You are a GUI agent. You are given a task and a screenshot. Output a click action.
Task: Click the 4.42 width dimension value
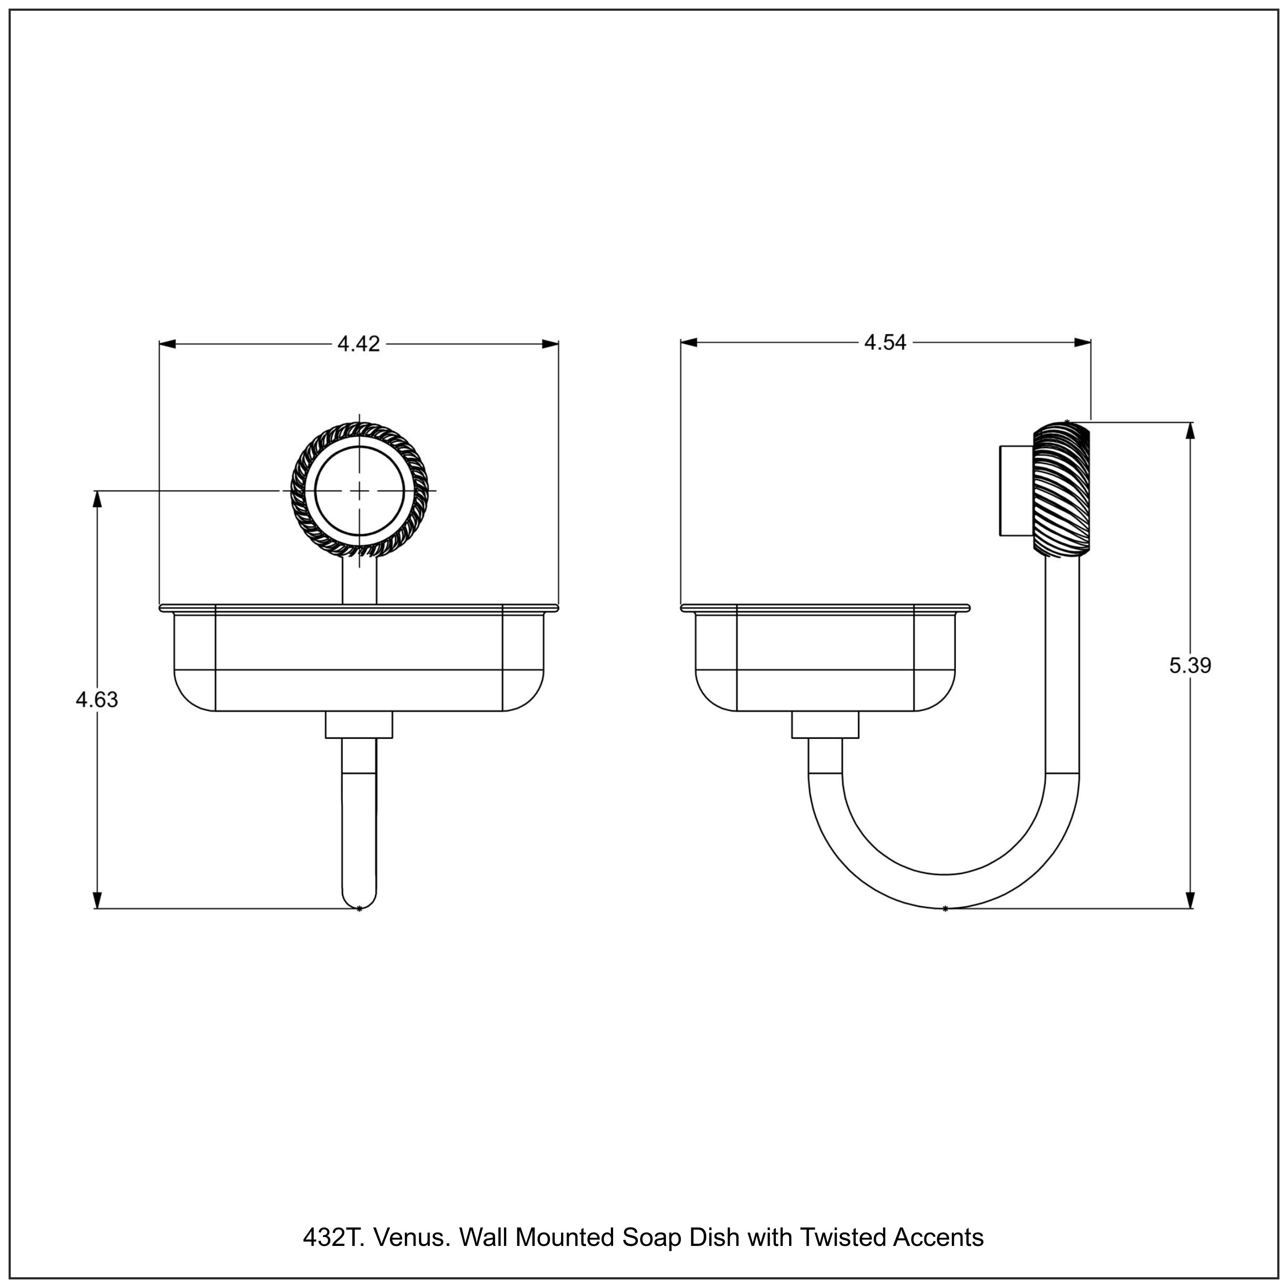pyautogui.click(x=358, y=344)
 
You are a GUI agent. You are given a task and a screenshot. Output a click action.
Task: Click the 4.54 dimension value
pyautogui.click(x=885, y=343)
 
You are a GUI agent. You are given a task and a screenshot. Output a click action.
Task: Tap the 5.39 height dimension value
pyautogui.click(x=1190, y=665)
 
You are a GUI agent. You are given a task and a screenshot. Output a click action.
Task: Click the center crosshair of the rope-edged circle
pyautogui.click(x=359, y=491)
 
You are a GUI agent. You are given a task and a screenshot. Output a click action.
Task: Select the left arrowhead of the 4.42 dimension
pyautogui.click(x=167, y=344)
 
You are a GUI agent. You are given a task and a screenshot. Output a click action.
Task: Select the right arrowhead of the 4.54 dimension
pyautogui.click(x=1083, y=343)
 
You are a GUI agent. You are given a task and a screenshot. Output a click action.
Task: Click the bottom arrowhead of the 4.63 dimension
pyautogui.click(x=97, y=899)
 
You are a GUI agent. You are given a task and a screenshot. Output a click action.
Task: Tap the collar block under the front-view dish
pyautogui.click(x=359, y=725)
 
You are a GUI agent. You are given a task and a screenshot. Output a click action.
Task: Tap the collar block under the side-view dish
pyautogui.click(x=825, y=725)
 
